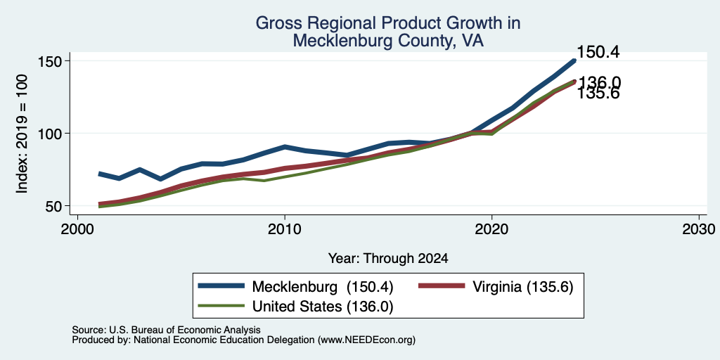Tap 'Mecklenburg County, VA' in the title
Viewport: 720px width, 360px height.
(x=388, y=41)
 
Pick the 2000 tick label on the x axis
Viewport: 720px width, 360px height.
(x=77, y=229)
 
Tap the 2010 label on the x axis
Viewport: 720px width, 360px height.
(x=285, y=229)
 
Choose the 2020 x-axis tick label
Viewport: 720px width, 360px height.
(x=491, y=229)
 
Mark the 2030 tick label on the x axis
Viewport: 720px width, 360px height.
(x=699, y=229)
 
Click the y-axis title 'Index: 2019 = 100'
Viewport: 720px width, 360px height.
(x=22, y=134)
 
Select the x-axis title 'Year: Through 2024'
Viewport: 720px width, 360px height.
(x=388, y=259)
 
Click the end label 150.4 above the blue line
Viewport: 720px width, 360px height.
(x=598, y=52)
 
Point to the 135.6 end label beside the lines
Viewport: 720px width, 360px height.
(x=598, y=94)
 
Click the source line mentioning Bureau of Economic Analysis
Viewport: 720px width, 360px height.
(x=166, y=330)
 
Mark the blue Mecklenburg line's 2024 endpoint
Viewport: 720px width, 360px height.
(x=574, y=60)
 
